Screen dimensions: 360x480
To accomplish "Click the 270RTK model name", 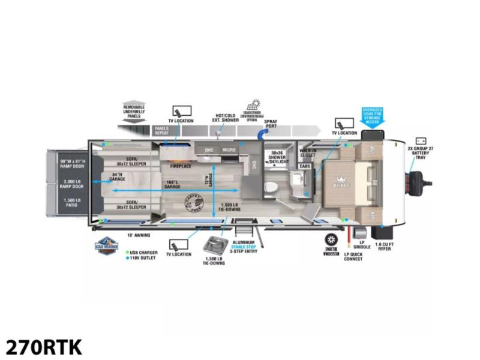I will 44,347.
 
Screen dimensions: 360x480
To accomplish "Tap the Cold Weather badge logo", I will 107,246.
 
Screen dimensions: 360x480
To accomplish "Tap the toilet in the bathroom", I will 271,187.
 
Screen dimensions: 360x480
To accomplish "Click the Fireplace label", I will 180,165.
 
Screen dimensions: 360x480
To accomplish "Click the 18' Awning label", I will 138,235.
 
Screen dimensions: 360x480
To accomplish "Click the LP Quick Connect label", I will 353,256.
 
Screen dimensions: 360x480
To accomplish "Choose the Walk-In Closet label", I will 308,152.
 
